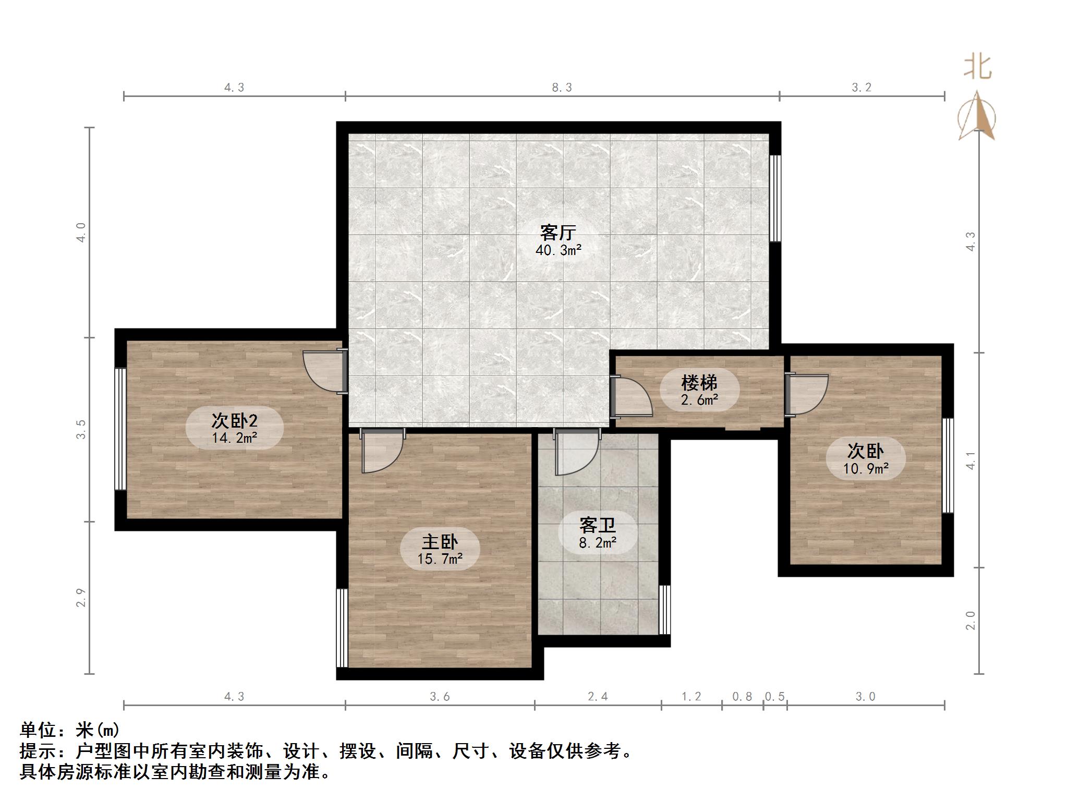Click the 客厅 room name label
coord(557,232)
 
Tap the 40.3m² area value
coord(558,250)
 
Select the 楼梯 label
coord(699,383)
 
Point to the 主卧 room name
coord(440,542)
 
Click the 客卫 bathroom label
coord(597,525)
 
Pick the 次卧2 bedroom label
coord(234,420)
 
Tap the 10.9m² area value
coord(866,469)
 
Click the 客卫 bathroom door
coord(576,453)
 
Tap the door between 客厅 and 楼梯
coord(632,397)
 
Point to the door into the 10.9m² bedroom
coord(806,394)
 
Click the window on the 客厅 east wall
coord(775,198)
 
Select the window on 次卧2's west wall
coord(120,429)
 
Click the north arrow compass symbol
coord(977,117)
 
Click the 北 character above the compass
coord(977,68)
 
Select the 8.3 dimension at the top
coord(562,88)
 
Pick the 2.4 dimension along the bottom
coord(598,696)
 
